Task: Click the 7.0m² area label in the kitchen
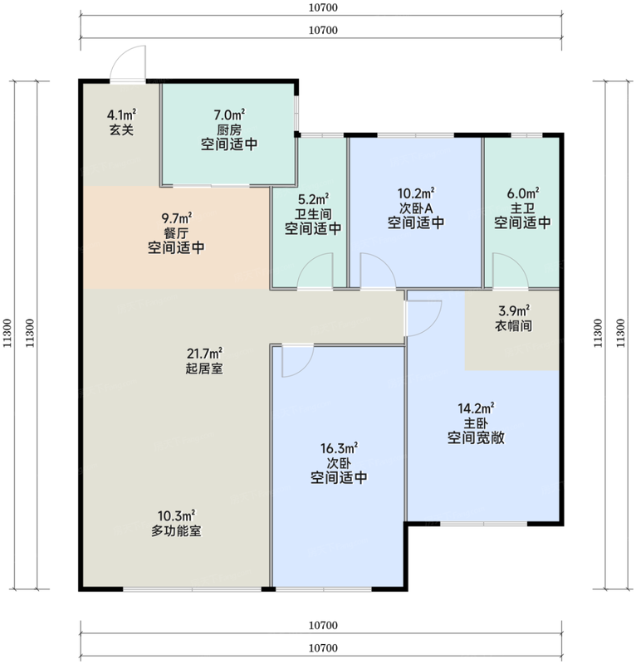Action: (229, 115)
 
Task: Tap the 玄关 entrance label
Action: (121, 129)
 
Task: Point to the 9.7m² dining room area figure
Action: (176, 218)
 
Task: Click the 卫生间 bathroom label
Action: (313, 214)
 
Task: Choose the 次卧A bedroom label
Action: (416, 208)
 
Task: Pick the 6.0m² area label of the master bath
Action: (523, 193)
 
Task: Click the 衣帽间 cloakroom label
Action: (514, 325)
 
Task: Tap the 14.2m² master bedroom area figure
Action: (477, 408)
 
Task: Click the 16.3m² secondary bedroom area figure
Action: (339, 448)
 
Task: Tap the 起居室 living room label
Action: (204, 369)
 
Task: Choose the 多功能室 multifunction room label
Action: (176, 530)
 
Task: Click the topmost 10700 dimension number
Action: (323, 7)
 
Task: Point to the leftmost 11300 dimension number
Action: (7, 334)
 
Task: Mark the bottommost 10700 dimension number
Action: (323, 648)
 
